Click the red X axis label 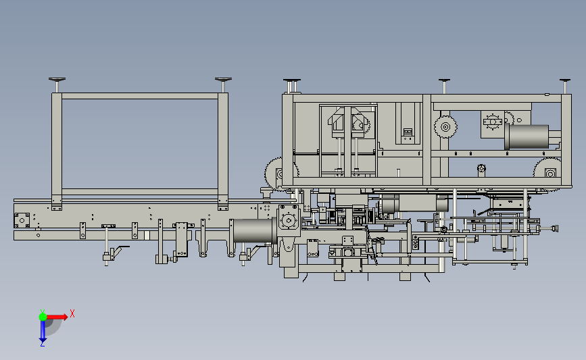pyautogui.click(x=72, y=313)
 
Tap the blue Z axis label pyautogui.click(x=42, y=344)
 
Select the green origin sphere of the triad pyautogui.click(x=43, y=317)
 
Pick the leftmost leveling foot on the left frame pyautogui.click(x=57, y=84)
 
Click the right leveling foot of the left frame pyautogui.click(x=223, y=84)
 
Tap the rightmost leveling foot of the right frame pyautogui.click(x=564, y=86)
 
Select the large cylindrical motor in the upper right pyautogui.click(x=527, y=136)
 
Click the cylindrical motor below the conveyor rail pyautogui.click(x=253, y=231)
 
